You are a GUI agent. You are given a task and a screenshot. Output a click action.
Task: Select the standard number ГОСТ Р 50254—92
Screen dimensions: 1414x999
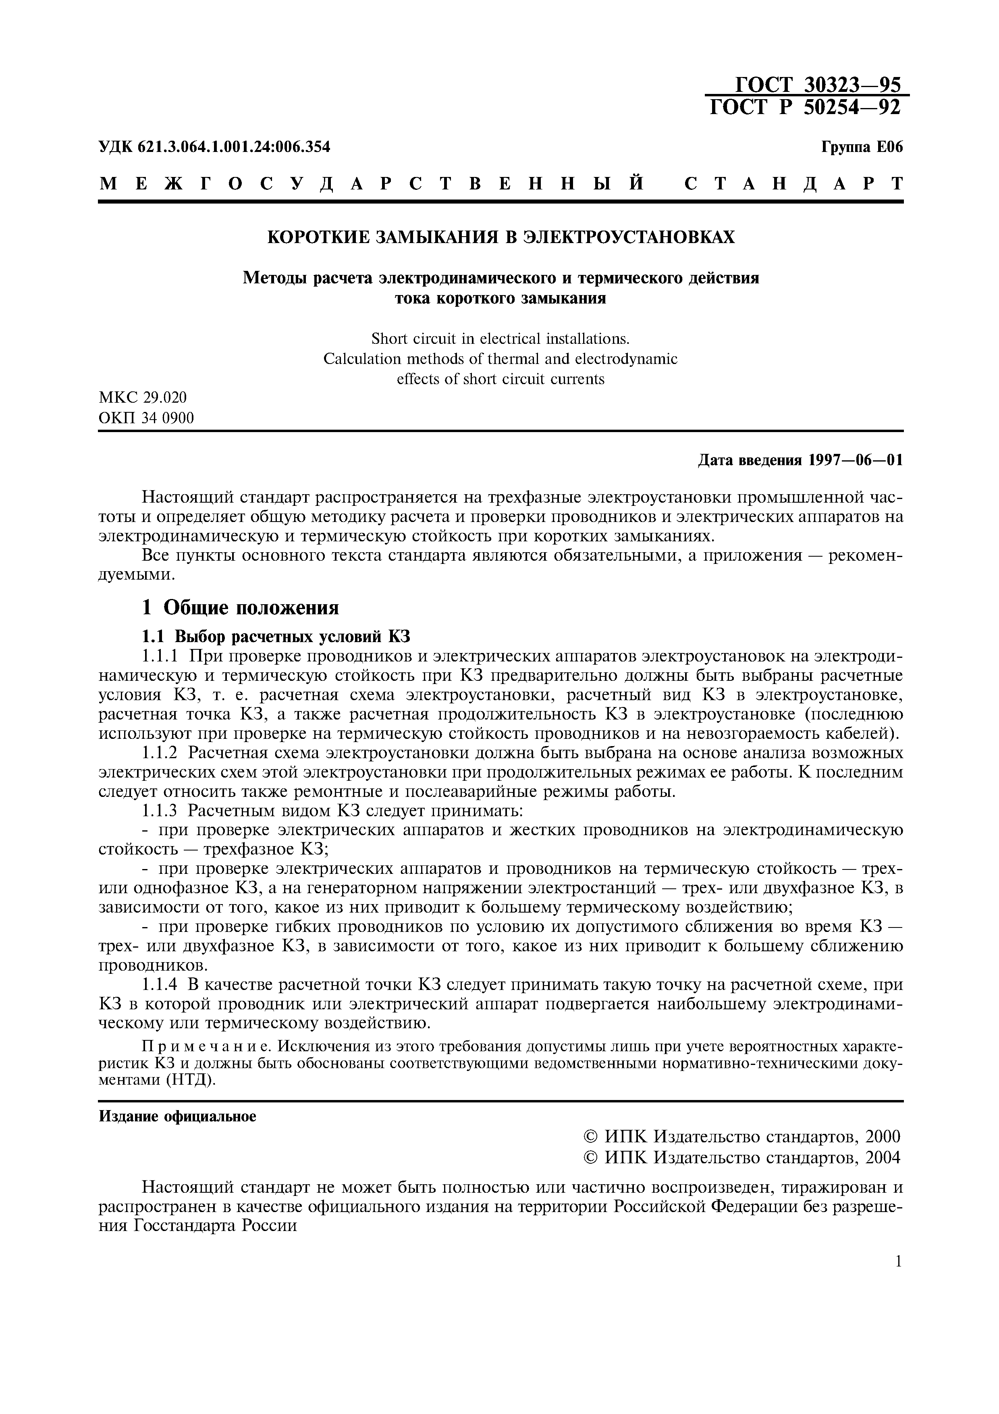tap(805, 108)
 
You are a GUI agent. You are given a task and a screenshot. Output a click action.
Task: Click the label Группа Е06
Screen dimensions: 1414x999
tap(862, 147)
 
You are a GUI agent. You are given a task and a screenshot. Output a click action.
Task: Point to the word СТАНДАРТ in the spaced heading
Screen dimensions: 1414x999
tap(793, 183)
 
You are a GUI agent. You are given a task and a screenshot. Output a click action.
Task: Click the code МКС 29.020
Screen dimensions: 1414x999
tap(143, 397)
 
